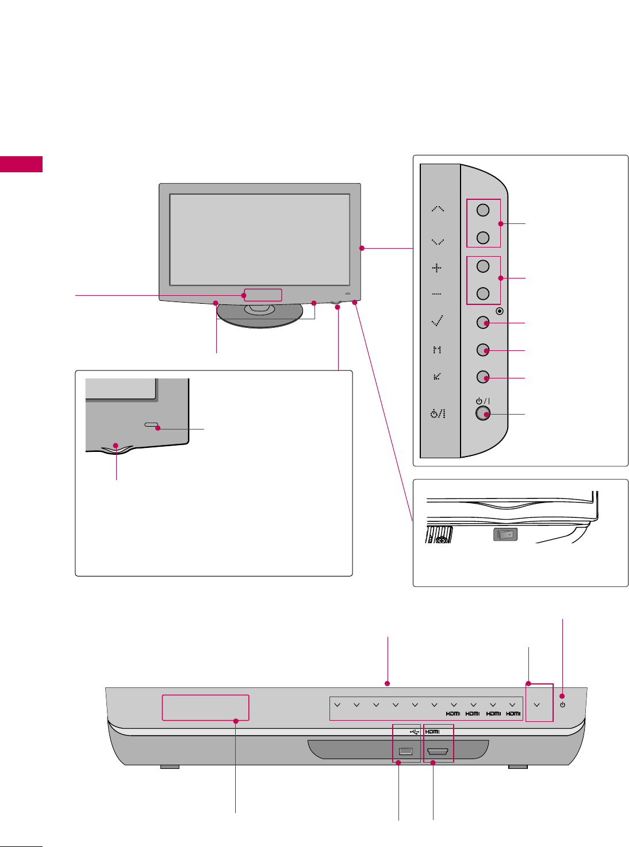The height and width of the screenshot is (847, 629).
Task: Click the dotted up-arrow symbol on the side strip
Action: click(438, 208)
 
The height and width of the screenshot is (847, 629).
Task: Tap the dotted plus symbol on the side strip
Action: click(437, 268)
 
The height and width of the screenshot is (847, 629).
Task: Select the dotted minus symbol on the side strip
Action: click(437, 294)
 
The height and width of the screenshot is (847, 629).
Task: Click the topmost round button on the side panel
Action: click(483, 210)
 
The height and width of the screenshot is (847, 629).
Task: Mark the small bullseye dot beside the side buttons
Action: click(499, 311)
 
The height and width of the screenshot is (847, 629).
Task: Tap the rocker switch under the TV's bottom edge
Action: click(505, 534)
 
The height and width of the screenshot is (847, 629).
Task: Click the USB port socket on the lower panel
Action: click(406, 751)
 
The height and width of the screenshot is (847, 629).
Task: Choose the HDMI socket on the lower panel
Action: click(438, 751)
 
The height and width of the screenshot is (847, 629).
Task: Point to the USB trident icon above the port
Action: click(414, 732)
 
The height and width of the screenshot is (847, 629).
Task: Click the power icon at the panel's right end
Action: click(562, 705)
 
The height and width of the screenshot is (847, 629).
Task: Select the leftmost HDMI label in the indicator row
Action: click(453, 713)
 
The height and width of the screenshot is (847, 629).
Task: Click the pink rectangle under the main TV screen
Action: click(263, 295)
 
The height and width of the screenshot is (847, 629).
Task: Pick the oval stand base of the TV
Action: click(260, 319)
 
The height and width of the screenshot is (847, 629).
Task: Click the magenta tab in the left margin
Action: click(21, 164)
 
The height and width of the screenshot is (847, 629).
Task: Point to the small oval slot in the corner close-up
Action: click(151, 426)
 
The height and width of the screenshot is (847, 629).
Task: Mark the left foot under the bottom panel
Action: click(170, 767)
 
